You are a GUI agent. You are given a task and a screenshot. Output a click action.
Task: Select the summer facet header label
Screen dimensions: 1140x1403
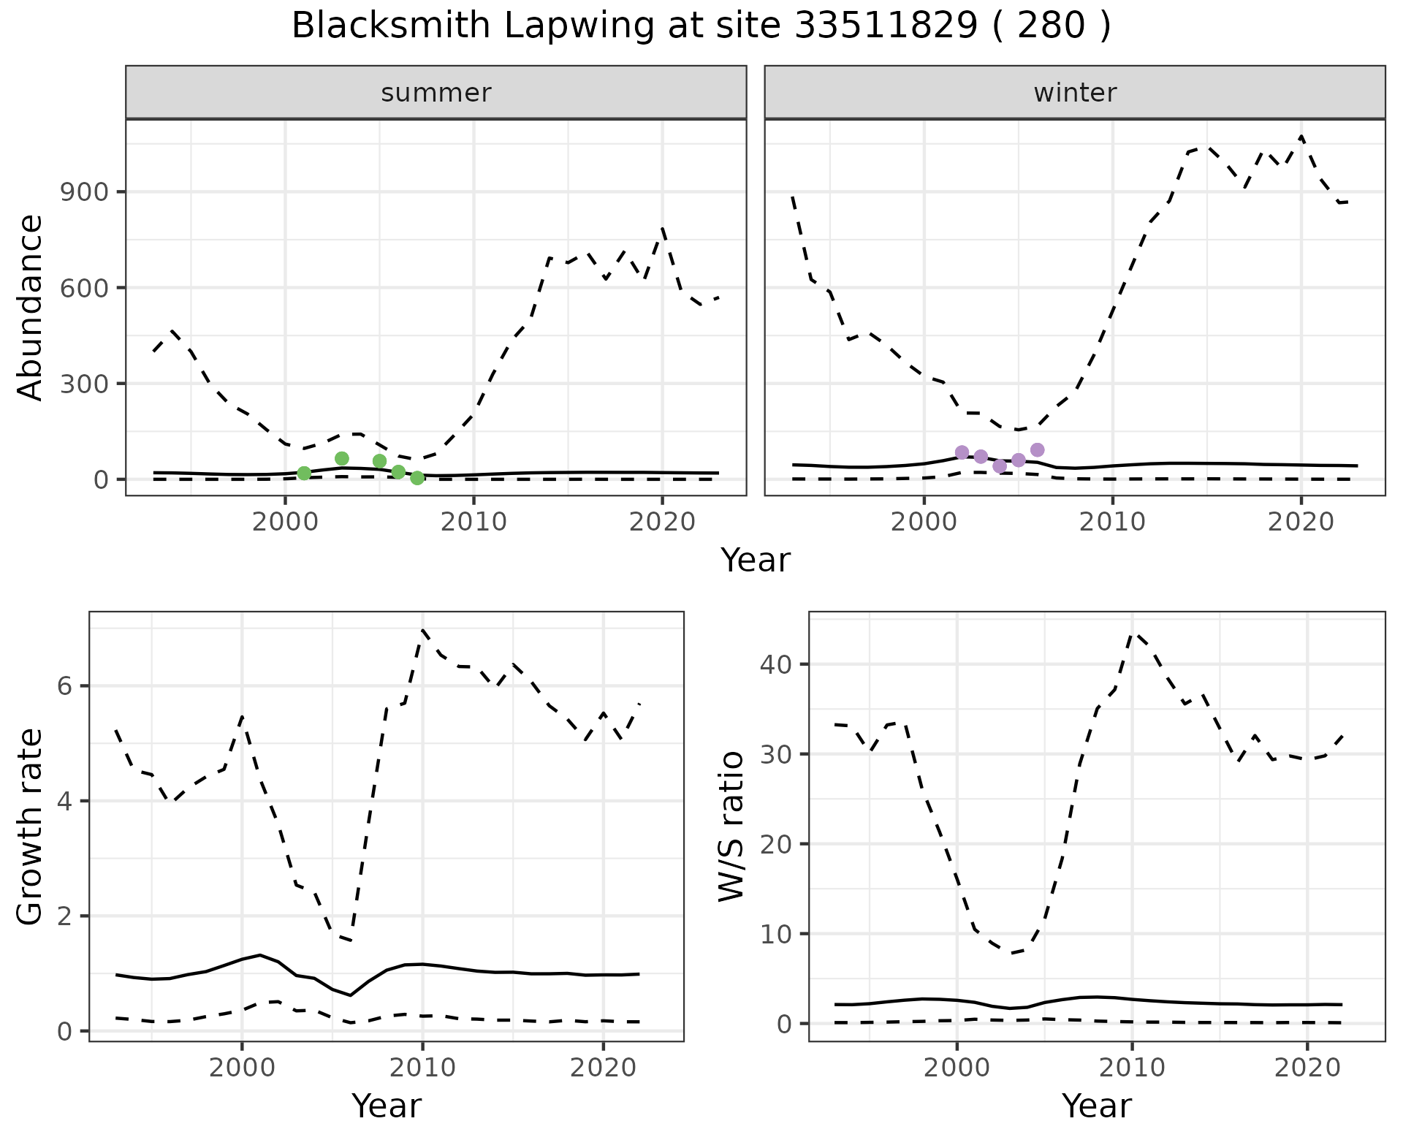click(436, 93)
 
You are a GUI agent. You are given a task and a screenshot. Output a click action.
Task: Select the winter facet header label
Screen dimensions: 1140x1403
click(1075, 93)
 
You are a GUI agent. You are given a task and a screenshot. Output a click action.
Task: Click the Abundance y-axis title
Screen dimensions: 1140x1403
click(31, 307)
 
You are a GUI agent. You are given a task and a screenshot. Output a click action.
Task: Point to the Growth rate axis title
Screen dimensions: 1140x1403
click(31, 826)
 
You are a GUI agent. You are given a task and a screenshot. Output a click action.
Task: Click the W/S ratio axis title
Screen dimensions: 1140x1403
click(731, 826)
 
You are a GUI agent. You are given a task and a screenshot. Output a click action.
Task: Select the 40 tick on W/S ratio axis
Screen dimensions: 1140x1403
click(776, 664)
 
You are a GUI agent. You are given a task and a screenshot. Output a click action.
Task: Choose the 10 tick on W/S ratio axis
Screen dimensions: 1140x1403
click(776, 934)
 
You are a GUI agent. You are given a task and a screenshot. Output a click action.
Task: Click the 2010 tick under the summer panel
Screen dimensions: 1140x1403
click(474, 522)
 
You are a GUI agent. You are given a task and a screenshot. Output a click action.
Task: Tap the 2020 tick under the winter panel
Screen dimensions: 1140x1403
click(1301, 522)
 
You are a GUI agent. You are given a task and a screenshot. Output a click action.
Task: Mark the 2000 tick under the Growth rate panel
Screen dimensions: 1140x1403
click(242, 1068)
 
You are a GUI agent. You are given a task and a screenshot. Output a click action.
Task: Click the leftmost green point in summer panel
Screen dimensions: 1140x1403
click(304, 474)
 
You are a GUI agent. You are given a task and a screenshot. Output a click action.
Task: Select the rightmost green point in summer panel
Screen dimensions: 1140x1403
click(417, 478)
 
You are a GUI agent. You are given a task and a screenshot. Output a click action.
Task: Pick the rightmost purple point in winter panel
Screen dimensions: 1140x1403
click(1037, 450)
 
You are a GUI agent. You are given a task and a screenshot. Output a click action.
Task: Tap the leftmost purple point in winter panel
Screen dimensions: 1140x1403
click(962, 453)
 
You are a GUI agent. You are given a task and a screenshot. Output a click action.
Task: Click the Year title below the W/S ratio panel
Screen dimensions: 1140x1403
click(1096, 1106)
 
